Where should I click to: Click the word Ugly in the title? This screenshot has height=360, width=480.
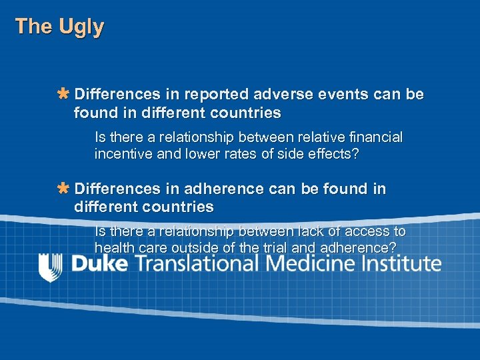point(81,27)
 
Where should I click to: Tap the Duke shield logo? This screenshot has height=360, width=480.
point(51,267)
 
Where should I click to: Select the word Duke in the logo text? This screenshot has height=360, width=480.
point(99,263)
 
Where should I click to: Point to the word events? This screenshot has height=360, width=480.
point(329,94)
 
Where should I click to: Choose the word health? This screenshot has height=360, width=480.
point(114,247)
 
